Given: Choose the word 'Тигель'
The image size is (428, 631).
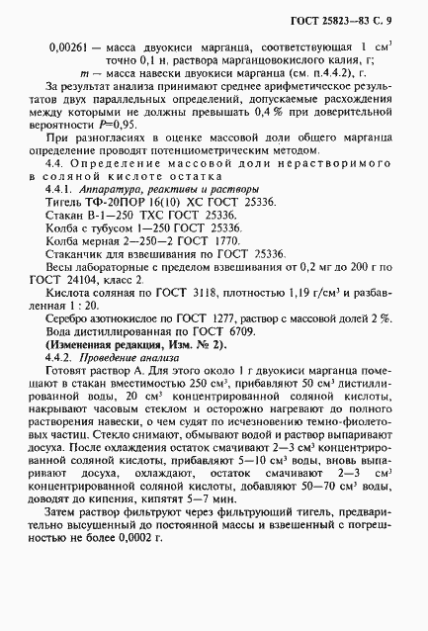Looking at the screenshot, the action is point(65,201).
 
